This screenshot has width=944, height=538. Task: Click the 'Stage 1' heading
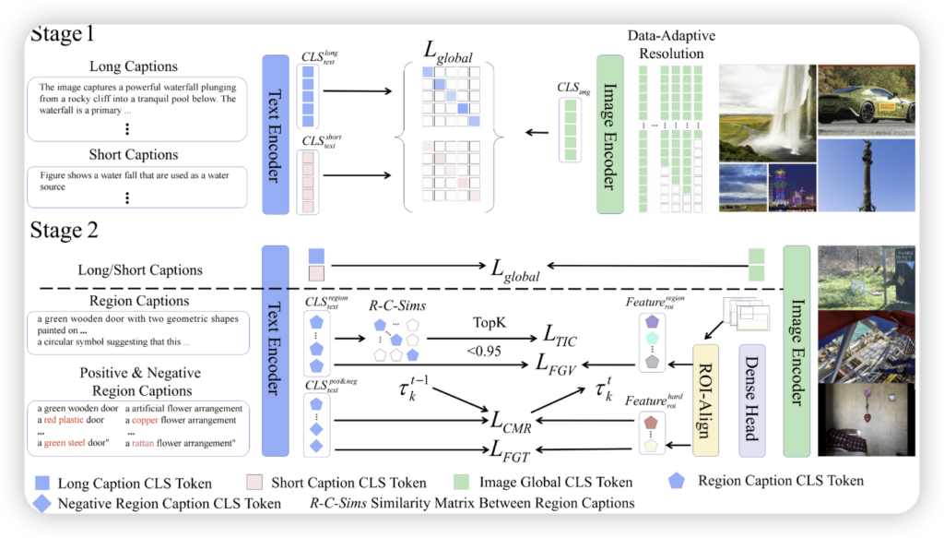click(63, 35)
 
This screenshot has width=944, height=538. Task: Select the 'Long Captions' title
click(134, 66)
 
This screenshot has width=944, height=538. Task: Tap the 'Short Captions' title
click(134, 154)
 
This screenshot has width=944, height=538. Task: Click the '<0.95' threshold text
click(483, 350)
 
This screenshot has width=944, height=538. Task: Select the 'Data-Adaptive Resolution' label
click(671, 43)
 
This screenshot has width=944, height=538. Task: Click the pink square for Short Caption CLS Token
click(255, 482)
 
